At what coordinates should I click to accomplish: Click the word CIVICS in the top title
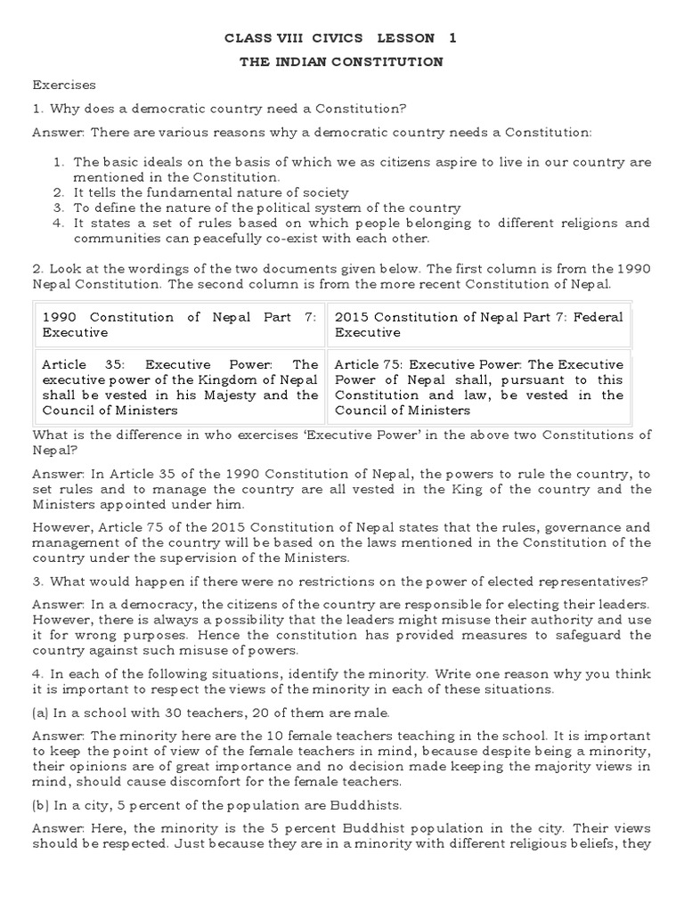pos(330,38)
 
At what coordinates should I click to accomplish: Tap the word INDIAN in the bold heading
pos(318,61)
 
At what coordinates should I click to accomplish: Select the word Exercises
pos(64,85)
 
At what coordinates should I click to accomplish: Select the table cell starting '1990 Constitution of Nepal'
pos(179,324)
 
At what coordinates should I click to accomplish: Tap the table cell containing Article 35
pos(179,387)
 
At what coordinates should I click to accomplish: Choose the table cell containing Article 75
pos(479,387)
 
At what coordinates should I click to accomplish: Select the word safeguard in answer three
pos(592,635)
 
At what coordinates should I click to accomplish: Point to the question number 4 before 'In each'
pos(37,673)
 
